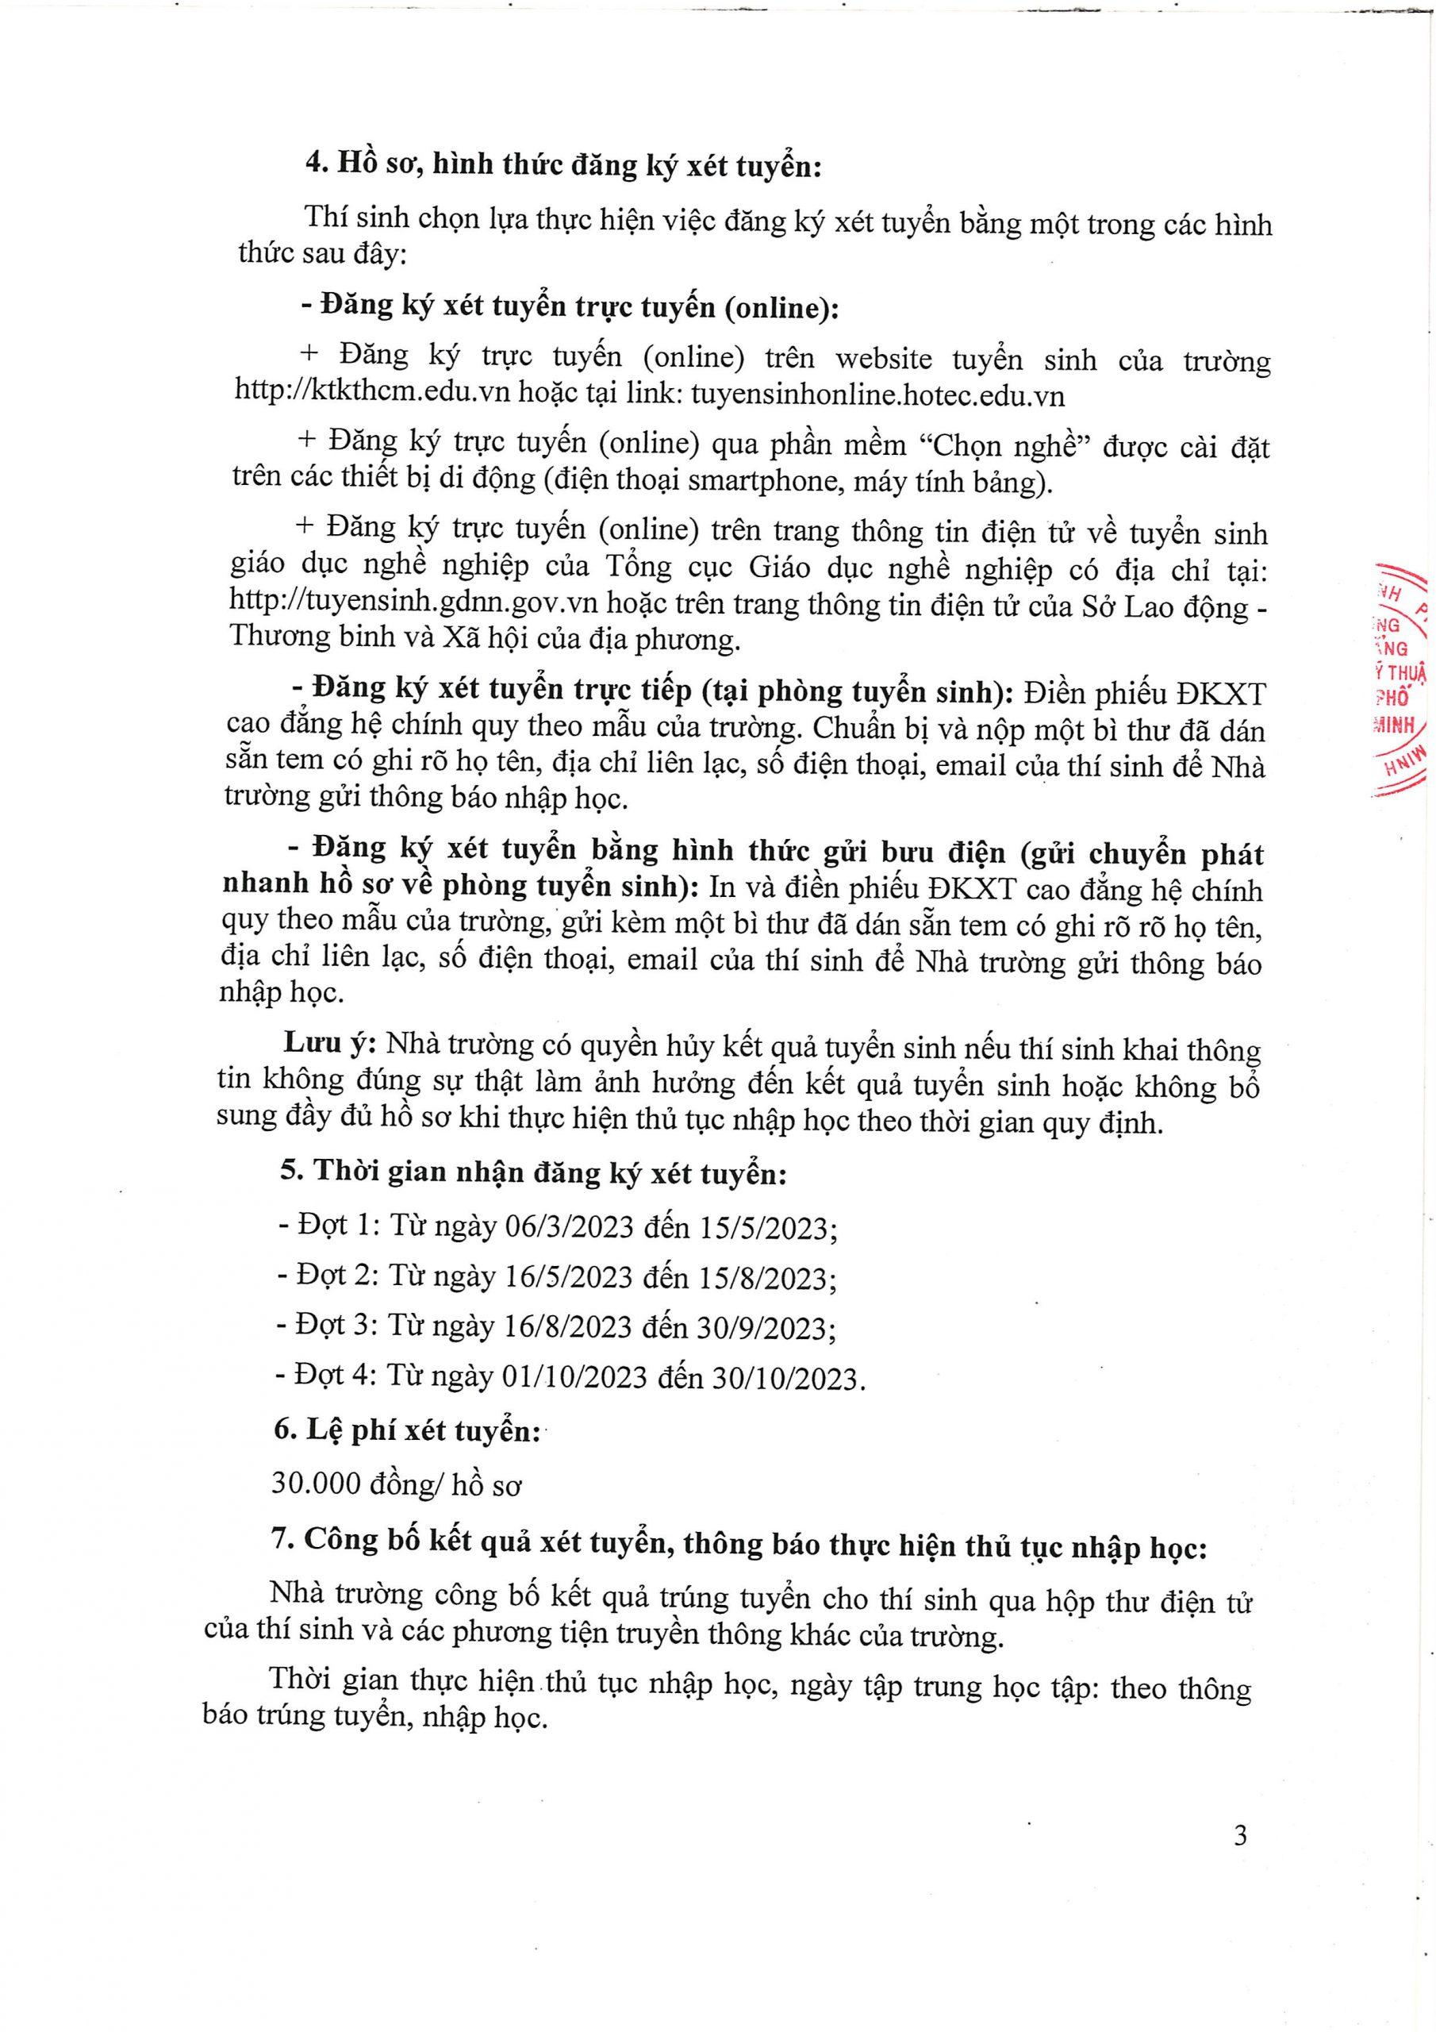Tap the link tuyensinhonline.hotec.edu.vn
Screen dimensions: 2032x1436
tap(876, 395)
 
